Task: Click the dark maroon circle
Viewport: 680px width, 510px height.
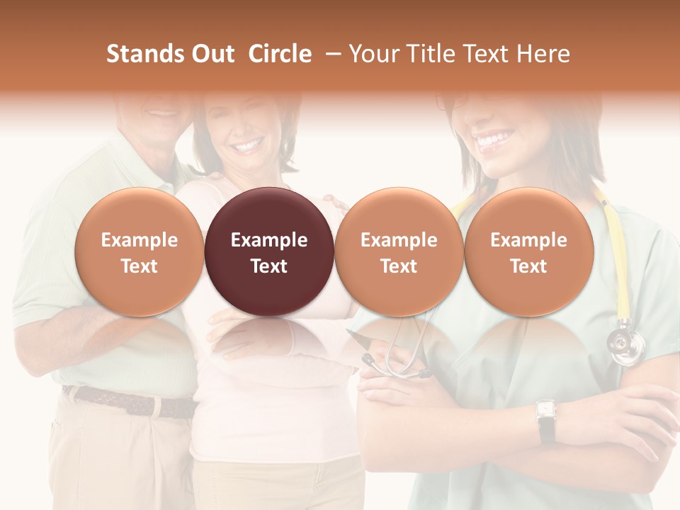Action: pos(269,251)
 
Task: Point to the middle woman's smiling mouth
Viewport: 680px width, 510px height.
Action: pos(246,147)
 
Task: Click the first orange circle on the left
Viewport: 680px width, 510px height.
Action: pos(140,251)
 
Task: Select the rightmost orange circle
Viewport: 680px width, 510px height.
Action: pos(528,251)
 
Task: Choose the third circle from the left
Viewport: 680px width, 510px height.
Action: pos(399,251)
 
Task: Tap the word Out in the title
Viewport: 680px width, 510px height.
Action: pos(211,54)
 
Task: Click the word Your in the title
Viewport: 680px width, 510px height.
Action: pos(373,54)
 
